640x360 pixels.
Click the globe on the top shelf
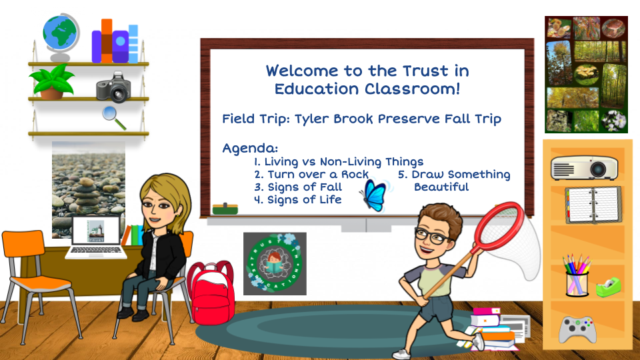pyautogui.click(x=61, y=33)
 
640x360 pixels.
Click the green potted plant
pyautogui.click(x=52, y=82)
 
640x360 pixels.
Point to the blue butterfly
pyautogui.click(x=375, y=193)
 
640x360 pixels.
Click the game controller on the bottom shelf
pyautogui.click(x=577, y=329)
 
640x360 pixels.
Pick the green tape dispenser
pyautogui.click(x=607, y=286)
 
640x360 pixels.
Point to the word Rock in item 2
pyautogui.click(x=354, y=174)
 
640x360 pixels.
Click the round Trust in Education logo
pyautogui.click(x=274, y=263)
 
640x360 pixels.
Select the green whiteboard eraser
pyautogui.click(x=225, y=209)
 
